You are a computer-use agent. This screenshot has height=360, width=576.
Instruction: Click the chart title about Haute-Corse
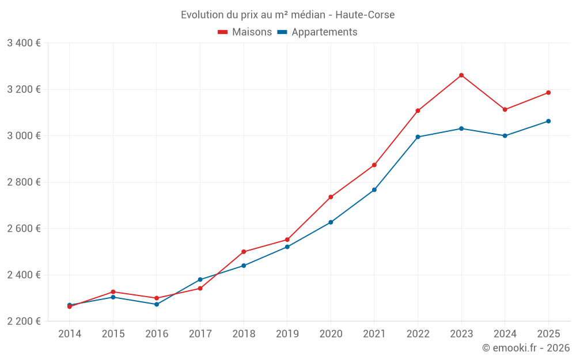click(287, 15)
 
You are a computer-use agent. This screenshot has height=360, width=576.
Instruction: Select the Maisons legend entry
click(245, 32)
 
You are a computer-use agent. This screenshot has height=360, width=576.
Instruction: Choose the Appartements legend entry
click(317, 32)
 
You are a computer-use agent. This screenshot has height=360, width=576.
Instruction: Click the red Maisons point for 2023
click(461, 75)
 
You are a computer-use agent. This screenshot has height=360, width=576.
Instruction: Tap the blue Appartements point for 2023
click(461, 128)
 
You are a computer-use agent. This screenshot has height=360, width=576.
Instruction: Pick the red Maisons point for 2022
click(418, 111)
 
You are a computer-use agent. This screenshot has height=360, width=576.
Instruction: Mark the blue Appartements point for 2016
click(157, 304)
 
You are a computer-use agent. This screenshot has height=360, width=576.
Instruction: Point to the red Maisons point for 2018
click(244, 252)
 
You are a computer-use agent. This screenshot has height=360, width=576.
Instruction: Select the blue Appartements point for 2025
click(548, 121)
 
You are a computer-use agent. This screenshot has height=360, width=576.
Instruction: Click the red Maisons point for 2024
click(505, 109)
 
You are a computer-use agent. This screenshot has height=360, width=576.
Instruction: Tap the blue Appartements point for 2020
click(331, 222)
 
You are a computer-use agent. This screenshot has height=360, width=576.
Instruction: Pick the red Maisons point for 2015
click(113, 292)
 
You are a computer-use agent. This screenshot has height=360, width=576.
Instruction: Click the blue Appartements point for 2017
click(200, 280)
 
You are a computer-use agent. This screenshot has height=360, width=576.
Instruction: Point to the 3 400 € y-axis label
click(24, 43)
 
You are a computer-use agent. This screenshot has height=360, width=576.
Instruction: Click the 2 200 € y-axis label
click(24, 321)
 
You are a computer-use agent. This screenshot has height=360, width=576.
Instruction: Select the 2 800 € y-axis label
click(24, 182)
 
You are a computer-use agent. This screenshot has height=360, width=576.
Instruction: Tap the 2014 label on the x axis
click(70, 334)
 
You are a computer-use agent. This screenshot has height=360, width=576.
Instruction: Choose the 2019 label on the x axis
click(287, 334)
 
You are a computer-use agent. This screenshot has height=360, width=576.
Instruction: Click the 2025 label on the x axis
click(548, 334)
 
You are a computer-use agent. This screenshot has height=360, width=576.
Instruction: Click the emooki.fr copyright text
click(525, 348)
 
